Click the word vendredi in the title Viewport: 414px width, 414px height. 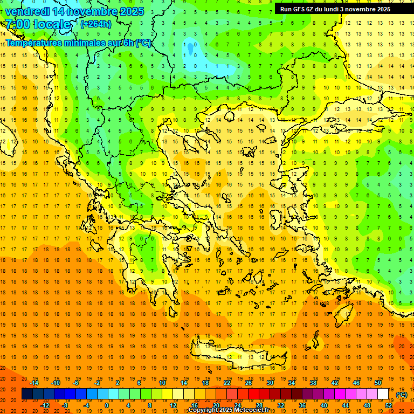click(x=27, y=11)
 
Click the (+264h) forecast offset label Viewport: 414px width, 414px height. click(x=96, y=24)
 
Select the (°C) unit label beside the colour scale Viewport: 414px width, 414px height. click(x=401, y=394)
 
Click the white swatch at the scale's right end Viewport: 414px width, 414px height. click(x=383, y=394)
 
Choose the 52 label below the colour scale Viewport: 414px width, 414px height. click(x=389, y=405)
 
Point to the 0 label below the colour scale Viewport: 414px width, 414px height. click(x=106, y=405)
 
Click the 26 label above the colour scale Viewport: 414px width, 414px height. click(x=248, y=383)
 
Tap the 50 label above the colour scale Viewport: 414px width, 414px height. click(x=378, y=383)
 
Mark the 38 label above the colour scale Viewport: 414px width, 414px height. click(x=313, y=383)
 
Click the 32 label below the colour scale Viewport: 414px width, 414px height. click(x=280, y=405)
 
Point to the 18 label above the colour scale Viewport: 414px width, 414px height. click(x=205, y=383)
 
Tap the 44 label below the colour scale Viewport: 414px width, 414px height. click(x=345, y=405)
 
